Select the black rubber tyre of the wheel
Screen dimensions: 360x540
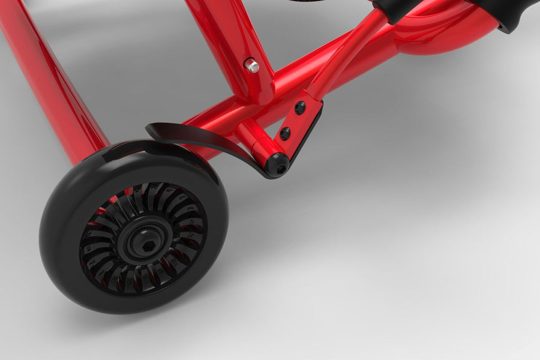point(66,264)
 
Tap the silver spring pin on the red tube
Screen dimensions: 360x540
point(252,65)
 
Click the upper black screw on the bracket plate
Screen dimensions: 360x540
point(299,108)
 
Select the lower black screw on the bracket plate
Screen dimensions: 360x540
point(285,133)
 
